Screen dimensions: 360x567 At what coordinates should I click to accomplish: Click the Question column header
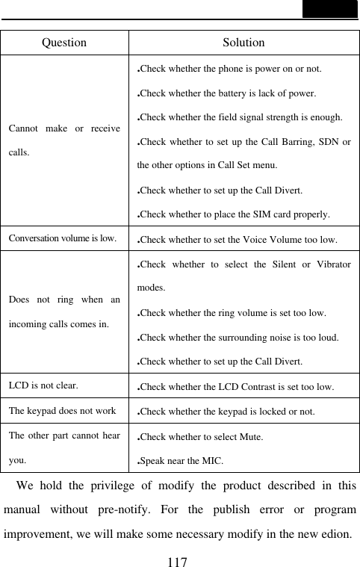[x=64, y=43]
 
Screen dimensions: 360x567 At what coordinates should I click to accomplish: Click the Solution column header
[x=243, y=43]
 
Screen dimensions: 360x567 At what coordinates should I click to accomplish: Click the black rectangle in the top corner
[x=329, y=9]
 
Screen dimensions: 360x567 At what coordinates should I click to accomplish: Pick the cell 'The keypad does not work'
[x=62, y=410]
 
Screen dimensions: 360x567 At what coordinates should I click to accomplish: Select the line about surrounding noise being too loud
[x=239, y=338]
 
